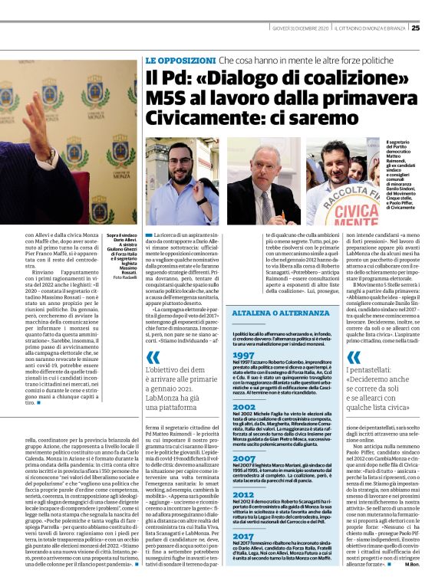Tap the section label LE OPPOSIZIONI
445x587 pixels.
point(179,59)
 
